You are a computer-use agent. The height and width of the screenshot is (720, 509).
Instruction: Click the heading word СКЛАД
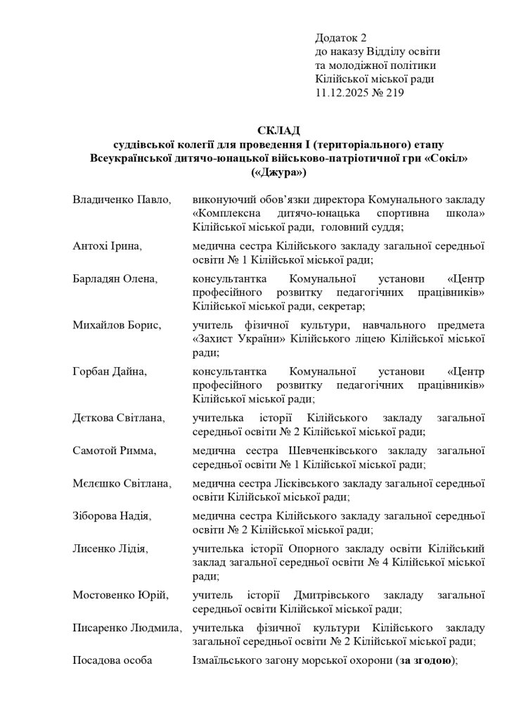coord(279,131)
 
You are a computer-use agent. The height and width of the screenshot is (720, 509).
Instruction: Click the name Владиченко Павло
coord(122,200)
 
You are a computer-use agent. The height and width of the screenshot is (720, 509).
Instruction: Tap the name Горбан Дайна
coord(110,371)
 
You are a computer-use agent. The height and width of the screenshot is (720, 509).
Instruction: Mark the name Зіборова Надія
coord(112,516)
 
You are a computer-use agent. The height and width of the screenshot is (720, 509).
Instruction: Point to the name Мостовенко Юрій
coord(121,596)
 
